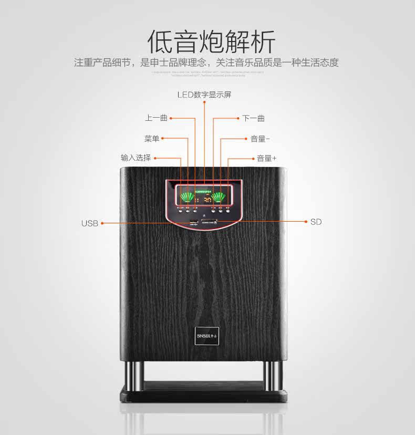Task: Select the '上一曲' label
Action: pos(157,118)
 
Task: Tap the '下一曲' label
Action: pos(253,118)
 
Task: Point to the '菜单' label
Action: pos(152,139)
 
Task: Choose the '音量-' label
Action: pos(260,139)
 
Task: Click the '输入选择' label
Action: pos(136,158)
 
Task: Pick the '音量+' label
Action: pos(266,158)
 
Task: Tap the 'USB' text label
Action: pos(89,223)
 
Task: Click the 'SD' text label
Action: pos(316,222)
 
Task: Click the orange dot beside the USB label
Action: pos(102,223)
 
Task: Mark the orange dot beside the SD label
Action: pos(306,222)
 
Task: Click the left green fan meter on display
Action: pos(186,198)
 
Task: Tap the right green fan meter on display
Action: pos(220,198)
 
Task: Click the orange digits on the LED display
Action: pos(207,200)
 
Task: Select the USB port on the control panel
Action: pos(193,223)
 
